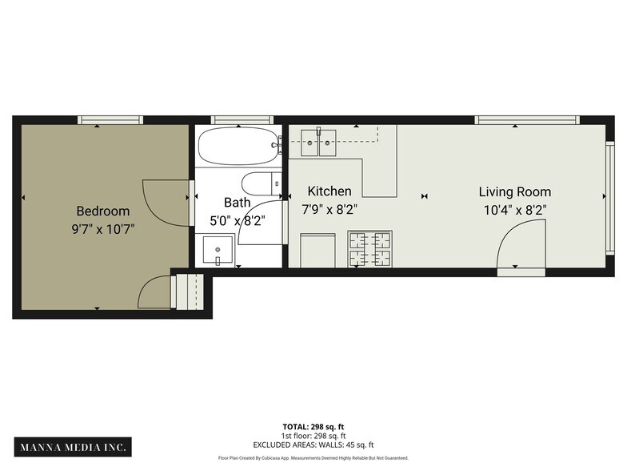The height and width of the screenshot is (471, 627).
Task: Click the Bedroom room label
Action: coord(102,211)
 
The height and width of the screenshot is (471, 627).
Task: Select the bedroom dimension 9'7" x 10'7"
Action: coord(102,229)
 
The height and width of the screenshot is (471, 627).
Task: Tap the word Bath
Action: coord(237,203)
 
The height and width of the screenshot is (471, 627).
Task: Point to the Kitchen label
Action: coord(329,191)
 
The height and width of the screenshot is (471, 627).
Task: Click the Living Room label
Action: coord(514,192)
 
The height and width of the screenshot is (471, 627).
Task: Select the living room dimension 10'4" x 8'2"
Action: coord(514,210)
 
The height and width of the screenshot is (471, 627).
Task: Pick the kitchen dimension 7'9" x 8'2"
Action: coord(329,210)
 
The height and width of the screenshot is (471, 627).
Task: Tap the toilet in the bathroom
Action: coord(260,183)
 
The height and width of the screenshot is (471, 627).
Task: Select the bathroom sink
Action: coord(218,250)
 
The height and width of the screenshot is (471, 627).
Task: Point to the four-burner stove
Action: coord(369,248)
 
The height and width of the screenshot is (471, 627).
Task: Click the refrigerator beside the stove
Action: coord(317,250)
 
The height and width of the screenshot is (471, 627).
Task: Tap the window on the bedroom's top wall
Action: coord(110,120)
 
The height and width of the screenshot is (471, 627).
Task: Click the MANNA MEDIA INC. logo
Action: coord(72,446)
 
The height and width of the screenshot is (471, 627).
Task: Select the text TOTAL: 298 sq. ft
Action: coord(313,427)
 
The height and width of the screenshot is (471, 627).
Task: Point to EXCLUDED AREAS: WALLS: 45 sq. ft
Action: coord(313,445)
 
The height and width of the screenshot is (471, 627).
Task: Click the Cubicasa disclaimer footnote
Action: coord(313,458)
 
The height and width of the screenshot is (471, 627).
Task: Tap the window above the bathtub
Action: coord(237,120)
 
